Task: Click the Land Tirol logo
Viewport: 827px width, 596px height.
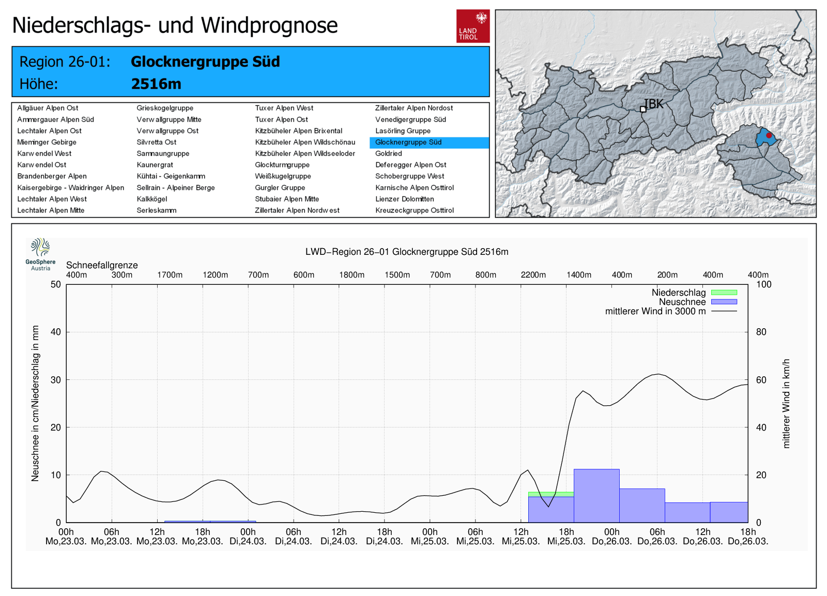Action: [472, 26]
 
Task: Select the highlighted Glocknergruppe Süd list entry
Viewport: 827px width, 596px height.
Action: [408, 142]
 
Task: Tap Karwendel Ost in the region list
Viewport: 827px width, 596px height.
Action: [42, 165]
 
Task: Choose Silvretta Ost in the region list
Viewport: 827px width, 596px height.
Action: [156, 142]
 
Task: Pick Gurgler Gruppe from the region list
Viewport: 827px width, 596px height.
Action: [280, 188]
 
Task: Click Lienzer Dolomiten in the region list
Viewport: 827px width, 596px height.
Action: [404, 199]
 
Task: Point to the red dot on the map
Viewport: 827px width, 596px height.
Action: [769, 135]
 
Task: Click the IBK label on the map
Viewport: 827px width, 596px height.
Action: [654, 104]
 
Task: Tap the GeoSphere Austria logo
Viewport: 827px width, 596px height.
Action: [40, 254]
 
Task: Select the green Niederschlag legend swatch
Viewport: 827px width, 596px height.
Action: [724, 293]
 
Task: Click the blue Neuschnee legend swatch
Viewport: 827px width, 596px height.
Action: [724, 302]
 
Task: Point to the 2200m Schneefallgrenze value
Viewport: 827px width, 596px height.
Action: [533, 275]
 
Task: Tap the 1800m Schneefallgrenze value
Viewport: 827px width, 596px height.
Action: [351, 275]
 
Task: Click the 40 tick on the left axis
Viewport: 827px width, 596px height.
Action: [56, 332]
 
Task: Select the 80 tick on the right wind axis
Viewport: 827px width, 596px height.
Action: [761, 332]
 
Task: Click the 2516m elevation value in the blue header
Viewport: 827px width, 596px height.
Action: [156, 84]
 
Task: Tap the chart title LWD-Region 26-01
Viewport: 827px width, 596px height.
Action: [407, 252]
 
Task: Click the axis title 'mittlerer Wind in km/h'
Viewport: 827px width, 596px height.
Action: [786, 403]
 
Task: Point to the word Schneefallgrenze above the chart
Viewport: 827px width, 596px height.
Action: [102, 265]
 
